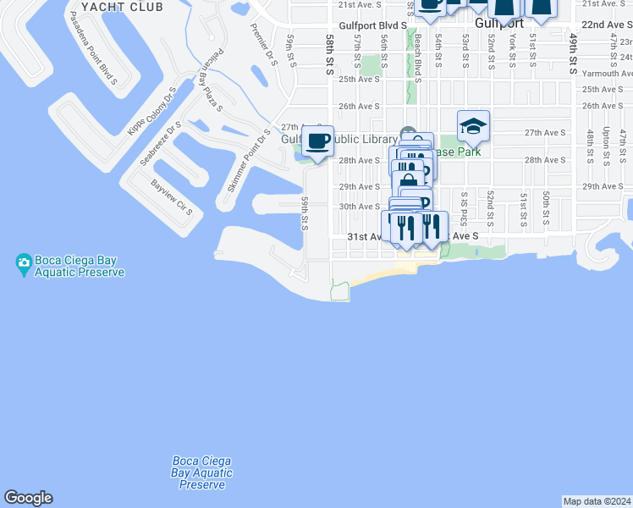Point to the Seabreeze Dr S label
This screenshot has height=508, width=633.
[161, 145]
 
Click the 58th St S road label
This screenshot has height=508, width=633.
[330, 52]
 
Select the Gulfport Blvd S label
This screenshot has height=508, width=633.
[372, 25]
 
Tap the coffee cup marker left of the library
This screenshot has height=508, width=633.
[317, 141]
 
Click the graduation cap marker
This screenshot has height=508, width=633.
[473, 126]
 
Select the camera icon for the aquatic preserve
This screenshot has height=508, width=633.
[24, 262]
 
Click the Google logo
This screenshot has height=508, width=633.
[27, 498]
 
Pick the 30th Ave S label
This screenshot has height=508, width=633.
[360, 206]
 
